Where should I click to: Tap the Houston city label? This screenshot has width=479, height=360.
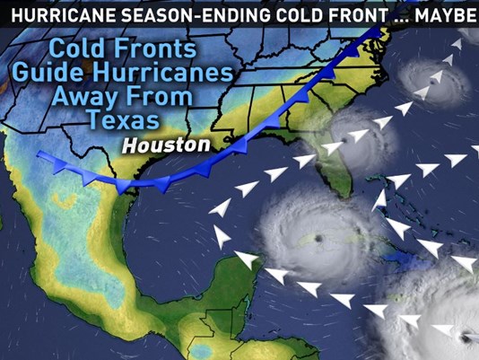[167, 145]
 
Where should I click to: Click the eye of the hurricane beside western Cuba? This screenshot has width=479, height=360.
[318, 238]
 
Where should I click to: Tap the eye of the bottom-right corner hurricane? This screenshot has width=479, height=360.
[464, 337]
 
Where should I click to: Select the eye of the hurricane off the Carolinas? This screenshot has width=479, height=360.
[432, 83]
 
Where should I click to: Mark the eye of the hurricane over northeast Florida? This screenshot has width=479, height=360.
[342, 145]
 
